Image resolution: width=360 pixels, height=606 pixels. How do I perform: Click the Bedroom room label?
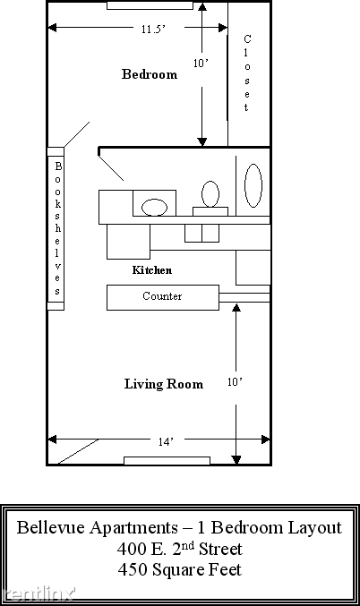tap(149, 74)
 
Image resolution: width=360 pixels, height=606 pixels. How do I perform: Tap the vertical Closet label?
tap(247, 73)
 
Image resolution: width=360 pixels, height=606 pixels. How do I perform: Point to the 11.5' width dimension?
tap(153, 29)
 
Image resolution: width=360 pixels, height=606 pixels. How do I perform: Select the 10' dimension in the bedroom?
tap(201, 63)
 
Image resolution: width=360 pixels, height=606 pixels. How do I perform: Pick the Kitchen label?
tap(151, 269)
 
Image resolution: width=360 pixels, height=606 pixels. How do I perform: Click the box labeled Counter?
tap(162, 296)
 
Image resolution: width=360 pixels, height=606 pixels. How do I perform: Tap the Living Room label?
tap(163, 384)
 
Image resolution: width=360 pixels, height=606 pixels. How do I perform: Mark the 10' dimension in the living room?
tap(235, 382)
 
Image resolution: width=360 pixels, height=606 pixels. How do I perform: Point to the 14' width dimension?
tap(167, 440)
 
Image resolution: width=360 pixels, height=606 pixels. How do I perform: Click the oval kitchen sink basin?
tap(155, 207)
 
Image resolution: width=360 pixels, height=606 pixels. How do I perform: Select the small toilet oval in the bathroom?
tap(210, 193)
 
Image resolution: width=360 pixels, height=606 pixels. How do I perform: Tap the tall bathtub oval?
tap(253, 184)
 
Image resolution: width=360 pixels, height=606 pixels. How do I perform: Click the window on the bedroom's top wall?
tap(143, 5)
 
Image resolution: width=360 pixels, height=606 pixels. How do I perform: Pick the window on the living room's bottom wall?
tap(167, 461)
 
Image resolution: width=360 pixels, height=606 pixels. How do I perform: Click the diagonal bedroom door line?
tap(77, 134)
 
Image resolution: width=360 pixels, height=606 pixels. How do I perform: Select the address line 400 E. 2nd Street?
tap(179, 549)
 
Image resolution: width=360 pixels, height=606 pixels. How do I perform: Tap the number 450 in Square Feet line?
tap(133, 569)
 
